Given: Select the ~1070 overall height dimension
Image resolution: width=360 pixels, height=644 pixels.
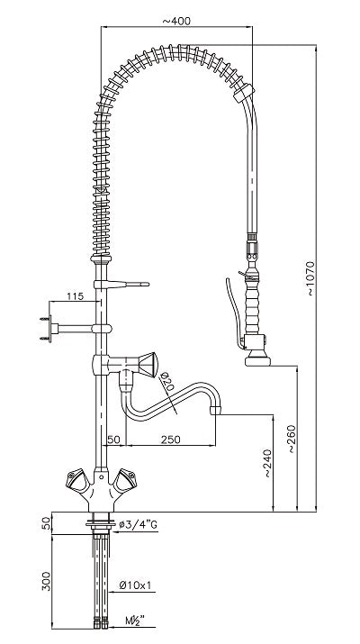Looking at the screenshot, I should (x=309, y=278).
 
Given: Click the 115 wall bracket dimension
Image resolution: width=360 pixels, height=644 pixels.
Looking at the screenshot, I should (x=75, y=295).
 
